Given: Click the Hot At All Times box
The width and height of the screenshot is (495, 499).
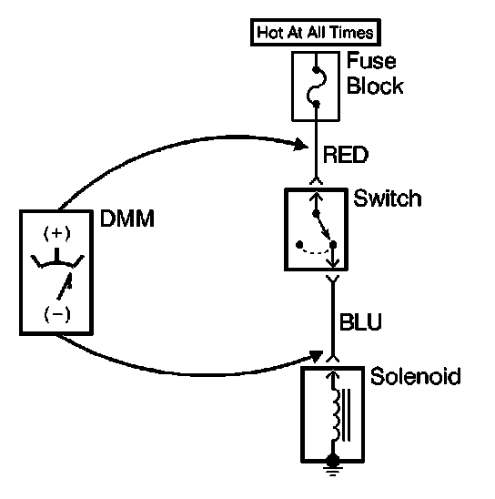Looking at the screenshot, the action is tap(316, 32).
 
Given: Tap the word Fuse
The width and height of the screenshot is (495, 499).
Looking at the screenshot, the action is tap(371, 60).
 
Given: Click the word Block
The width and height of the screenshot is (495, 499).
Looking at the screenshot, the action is tap(375, 86).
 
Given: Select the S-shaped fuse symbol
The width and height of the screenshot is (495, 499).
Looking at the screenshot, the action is tap(317, 87).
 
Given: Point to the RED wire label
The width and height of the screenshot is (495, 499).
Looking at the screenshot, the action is tap(346, 155).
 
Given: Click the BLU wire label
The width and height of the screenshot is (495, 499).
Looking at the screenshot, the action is tap(360, 322).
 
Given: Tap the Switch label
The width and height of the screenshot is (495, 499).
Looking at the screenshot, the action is tap(388, 198).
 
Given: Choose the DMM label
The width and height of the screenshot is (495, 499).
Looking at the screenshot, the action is tap(127, 219).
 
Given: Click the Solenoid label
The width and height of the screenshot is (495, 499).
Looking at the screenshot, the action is tap(415, 376).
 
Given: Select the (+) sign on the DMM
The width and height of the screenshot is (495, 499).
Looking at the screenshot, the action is tap(57, 233).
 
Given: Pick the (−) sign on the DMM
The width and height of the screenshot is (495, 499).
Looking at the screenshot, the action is tap(57, 314).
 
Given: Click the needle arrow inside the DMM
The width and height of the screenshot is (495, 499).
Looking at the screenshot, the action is tap(65, 286).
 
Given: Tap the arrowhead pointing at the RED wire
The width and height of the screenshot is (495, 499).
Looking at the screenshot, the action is tap(301, 145).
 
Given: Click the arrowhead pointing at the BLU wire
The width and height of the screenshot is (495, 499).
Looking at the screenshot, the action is tap(317, 356).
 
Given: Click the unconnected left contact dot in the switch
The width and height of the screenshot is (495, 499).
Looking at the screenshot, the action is tap(299, 244).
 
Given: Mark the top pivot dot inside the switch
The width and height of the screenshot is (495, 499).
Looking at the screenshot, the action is tap(316, 214).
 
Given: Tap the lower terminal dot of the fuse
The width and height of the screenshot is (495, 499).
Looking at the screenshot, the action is tap(316, 104).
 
